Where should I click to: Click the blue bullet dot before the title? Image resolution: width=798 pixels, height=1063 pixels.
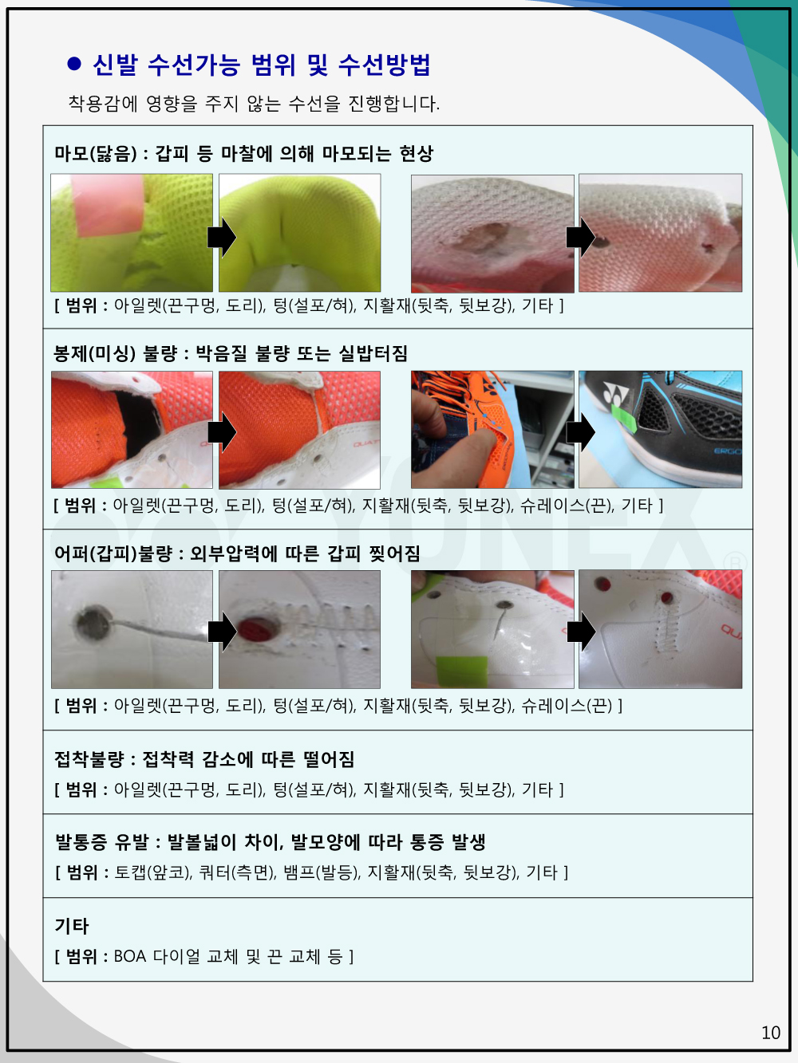(74, 64)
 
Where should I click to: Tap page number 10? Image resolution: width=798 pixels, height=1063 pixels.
(770, 1033)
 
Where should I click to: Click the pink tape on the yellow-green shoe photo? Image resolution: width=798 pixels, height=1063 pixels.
(108, 205)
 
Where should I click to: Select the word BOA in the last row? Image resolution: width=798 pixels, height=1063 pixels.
(130, 956)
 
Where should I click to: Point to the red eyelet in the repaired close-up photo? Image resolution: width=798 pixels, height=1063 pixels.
(257, 630)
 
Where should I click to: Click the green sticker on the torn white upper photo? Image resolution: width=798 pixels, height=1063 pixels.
(462, 671)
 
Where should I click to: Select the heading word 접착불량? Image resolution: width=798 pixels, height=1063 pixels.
(89, 759)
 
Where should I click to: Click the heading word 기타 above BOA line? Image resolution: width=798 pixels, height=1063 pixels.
(72, 926)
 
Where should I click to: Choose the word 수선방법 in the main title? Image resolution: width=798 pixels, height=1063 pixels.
(384, 65)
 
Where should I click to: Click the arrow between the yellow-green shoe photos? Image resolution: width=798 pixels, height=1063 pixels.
(222, 238)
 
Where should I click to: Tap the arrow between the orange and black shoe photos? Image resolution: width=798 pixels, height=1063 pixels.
(580, 431)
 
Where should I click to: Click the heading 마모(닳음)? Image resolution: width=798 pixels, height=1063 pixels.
(96, 154)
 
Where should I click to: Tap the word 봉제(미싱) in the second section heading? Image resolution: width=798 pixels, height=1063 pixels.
(94, 353)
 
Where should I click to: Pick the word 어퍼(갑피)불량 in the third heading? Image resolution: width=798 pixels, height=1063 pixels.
(113, 553)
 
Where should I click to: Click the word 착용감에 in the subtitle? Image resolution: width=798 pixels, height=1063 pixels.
(103, 103)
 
